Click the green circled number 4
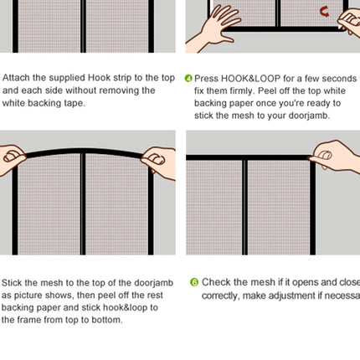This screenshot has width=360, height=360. [188, 79]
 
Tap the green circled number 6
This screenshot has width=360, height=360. [194, 283]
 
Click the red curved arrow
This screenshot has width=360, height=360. [324, 12]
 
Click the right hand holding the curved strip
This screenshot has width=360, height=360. [159, 159]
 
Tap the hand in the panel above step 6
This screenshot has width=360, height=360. [335, 155]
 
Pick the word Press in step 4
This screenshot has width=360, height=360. [207, 79]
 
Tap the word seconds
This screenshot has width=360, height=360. [336, 79]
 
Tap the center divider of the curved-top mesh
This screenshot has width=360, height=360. [83, 201]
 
